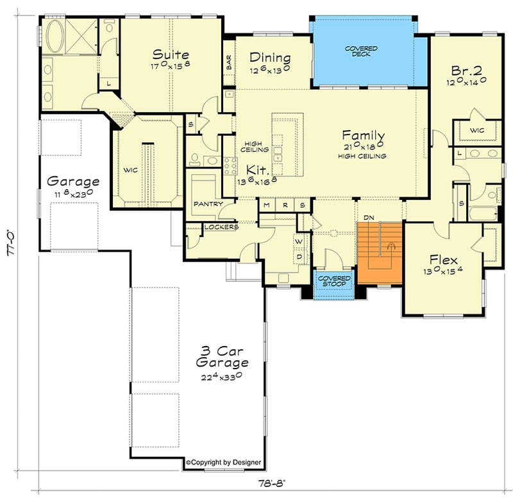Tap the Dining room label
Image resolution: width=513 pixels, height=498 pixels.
click(270, 58)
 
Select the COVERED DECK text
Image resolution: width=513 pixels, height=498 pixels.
click(360, 52)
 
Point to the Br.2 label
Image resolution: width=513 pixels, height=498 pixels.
click(466, 69)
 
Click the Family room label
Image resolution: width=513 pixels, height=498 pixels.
click(363, 136)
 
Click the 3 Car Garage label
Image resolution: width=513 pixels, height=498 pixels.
click(222, 357)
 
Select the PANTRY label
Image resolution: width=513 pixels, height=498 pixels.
click(208, 204)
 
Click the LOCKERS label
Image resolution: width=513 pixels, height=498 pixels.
click(221, 227)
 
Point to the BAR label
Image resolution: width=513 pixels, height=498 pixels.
click(228, 63)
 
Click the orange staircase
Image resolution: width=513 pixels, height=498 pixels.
click(378, 253)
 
